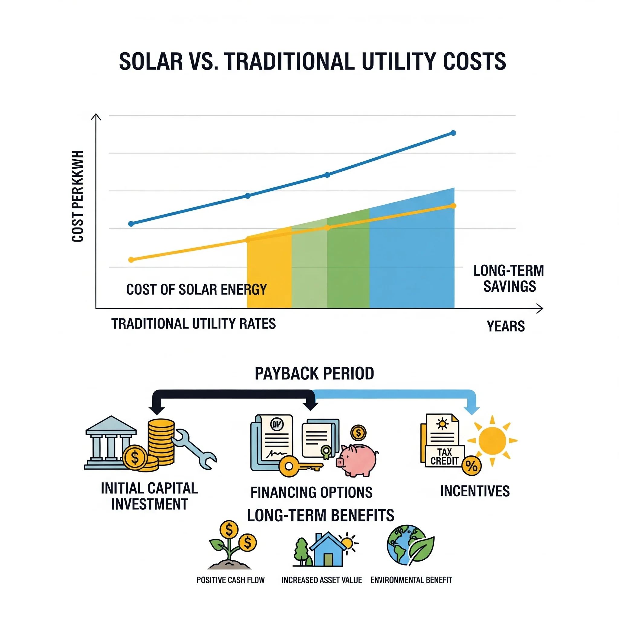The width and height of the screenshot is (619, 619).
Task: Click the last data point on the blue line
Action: tap(453, 133)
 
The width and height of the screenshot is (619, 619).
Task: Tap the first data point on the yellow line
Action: tap(131, 260)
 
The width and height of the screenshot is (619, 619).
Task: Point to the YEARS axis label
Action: tap(506, 326)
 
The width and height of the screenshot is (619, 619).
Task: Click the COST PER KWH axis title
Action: tap(78, 196)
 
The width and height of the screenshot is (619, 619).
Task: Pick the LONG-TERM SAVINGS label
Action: tap(509, 278)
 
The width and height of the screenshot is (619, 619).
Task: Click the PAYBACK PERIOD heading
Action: tap(314, 374)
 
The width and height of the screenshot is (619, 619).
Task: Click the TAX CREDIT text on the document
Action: tap(444, 457)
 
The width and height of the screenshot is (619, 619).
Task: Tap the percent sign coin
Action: tap(471, 466)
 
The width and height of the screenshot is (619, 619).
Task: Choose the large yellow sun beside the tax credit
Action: tap(492, 441)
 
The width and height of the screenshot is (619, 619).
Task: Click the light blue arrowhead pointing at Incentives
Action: tap(472, 410)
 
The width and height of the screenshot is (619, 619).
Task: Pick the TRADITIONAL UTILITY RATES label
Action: tap(193, 324)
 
